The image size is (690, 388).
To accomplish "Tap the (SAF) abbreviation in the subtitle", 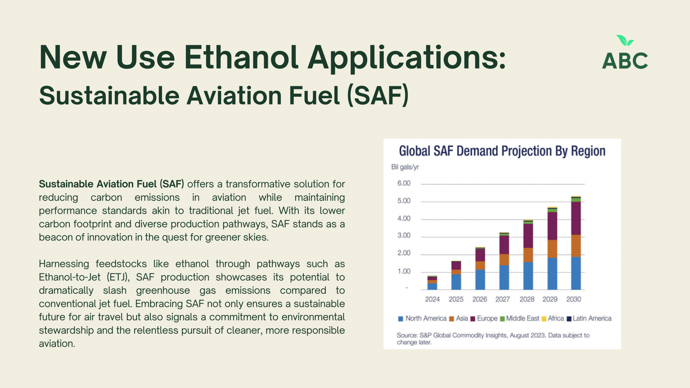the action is tap(378, 96).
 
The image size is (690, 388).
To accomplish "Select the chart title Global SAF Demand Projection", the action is tap(502, 151).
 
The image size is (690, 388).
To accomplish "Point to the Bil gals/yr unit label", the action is tap(405, 167).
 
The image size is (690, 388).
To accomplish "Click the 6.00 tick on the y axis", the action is tap(404, 183).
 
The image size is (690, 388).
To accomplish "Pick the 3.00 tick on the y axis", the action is tap(404, 235).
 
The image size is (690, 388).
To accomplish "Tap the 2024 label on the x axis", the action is tap(432, 299).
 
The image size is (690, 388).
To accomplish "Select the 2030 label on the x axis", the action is tap(573, 299).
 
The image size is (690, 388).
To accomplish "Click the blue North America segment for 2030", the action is tap(576, 273).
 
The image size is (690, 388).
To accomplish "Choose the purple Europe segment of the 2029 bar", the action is tap(552, 226).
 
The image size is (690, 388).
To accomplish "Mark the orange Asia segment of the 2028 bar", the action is tap(528, 255).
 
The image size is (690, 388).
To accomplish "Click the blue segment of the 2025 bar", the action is tap(456, 282).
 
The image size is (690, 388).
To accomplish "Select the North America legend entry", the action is tap(422, 319).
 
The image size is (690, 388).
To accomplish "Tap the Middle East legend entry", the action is tap(520, 319).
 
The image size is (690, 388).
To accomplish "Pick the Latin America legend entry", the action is tap(589, 319).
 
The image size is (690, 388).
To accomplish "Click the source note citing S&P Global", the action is tap(493, 339).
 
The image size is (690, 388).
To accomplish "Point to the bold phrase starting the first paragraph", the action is tap(112, 184).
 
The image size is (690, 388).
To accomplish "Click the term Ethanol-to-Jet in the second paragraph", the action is tap(70, 277).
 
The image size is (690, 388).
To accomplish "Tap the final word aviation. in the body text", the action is tap(57, 344).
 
